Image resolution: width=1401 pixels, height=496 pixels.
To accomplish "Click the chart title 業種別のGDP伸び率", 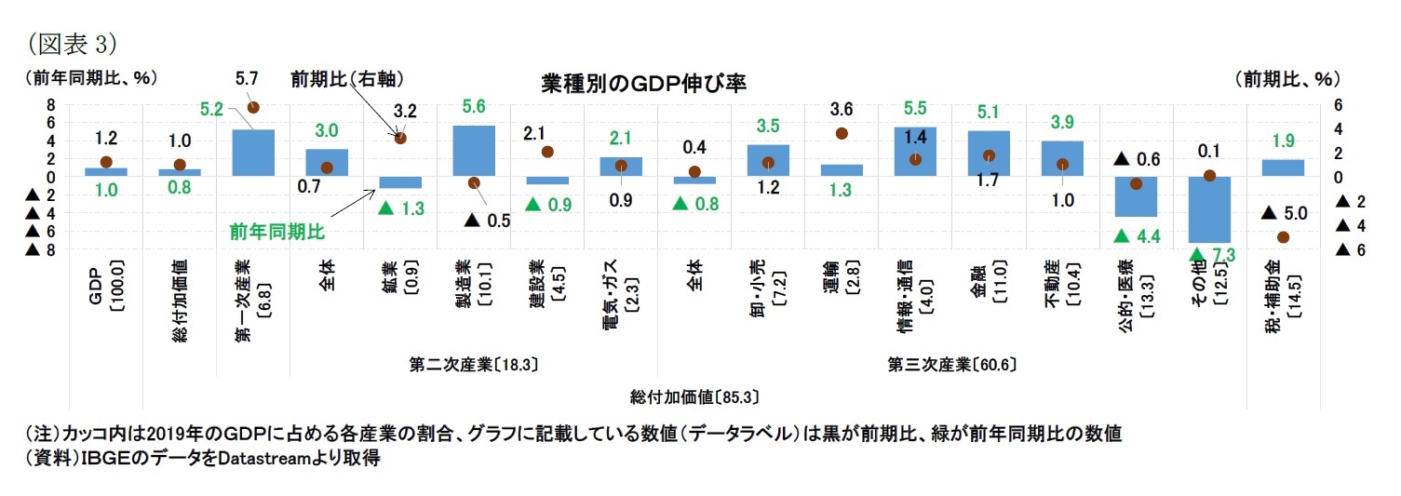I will coord(643,84).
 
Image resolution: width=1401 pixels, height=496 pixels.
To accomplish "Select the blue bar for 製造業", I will coord(473,151).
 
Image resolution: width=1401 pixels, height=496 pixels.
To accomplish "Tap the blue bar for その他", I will coord(1210,209).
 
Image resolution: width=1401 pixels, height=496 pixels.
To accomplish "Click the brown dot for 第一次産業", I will coord(253,108).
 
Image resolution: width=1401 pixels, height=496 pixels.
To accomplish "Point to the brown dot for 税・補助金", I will coord(1283,237).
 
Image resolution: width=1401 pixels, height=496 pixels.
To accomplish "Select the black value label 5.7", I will coord(247,80).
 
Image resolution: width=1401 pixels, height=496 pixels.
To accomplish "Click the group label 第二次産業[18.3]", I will coord(473,364).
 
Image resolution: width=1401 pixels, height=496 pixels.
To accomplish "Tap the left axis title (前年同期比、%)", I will coord(90,78).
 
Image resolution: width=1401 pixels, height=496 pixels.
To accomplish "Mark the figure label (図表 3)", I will coord(73,43).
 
